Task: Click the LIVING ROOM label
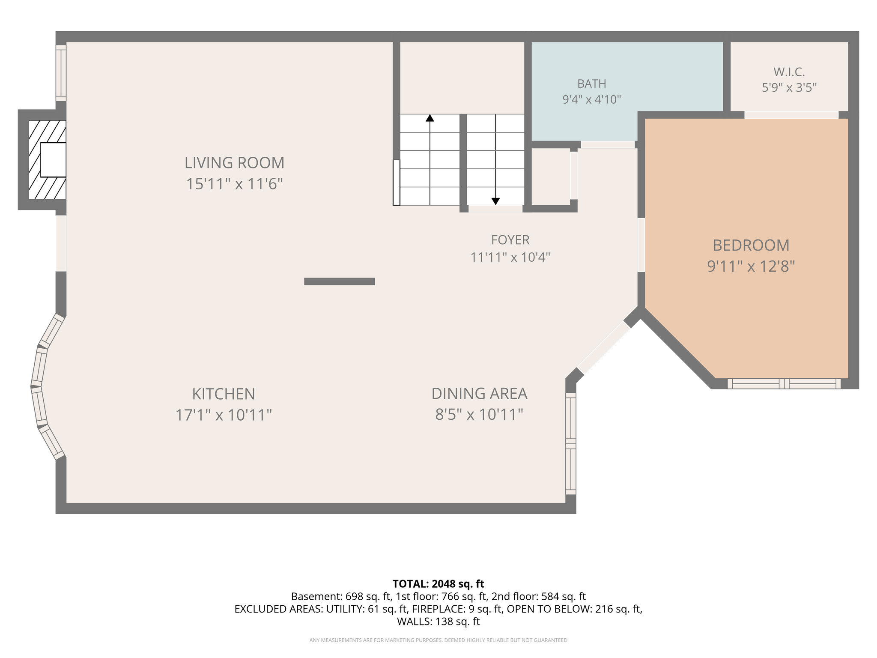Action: click(x=234, y=163)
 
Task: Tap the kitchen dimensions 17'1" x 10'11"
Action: click(x=224, y=415)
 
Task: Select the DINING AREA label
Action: click(x=479, y=393)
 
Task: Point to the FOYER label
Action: click(x=510, y=239)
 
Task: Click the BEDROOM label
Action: click(x=751, y=245)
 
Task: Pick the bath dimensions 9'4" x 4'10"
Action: click(x=592, y=99)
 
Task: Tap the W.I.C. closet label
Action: click(x=789, y=72)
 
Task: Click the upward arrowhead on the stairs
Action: click(x=430, y=118)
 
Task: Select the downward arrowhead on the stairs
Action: click(x=495, y=201)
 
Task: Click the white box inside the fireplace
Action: click(x=53, y=160)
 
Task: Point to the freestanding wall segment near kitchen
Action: click(x=340, y=281)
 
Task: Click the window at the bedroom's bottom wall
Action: click(x=784, y=383)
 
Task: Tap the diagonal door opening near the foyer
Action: click(x=604, y=348)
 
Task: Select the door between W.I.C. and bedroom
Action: click(x=791, y=115)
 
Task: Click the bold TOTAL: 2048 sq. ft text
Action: click(x=438, y=584)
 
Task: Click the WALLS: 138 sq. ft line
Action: click(x=438, y=621)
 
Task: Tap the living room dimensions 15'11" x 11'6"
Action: click(x=234, y=184)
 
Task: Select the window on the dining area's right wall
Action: click(x=571, y=444)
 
